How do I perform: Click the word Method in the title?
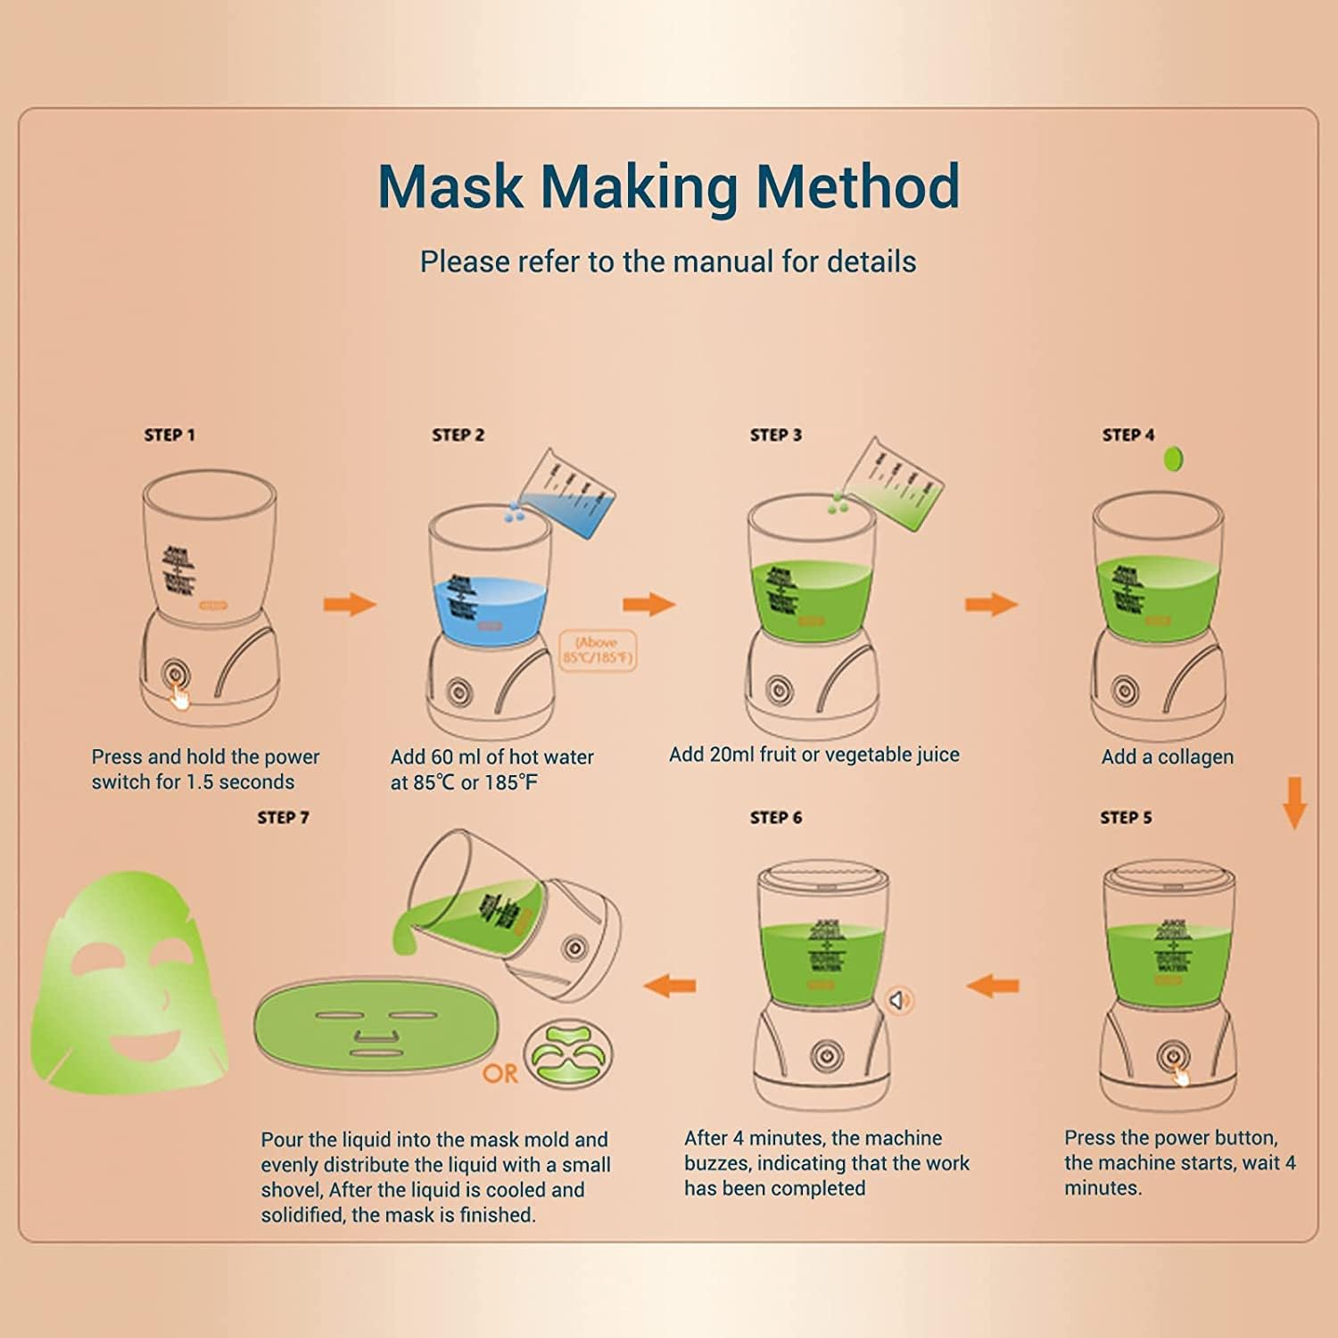(x=857, y=186)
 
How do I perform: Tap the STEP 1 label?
(x=169, y=435)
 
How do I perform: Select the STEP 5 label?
(x=1126, y=818)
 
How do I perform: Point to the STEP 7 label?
(x=283, y=818)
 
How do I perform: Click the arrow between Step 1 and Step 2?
(x=350, y=604)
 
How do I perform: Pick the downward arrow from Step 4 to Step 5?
(x=1294, y=803)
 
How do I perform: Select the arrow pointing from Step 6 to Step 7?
(x=670, y=986)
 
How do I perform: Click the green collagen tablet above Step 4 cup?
(x=1174, y=460)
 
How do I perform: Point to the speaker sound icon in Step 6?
(x=899, y=1001)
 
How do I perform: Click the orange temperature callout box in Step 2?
(x=597, y=651)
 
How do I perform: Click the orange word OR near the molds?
(x=500, y=1073)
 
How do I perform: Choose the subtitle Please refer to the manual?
(x=668, y=262)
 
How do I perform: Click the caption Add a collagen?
(x=1167, y=757)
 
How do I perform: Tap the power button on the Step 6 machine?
(x=826, y=1056)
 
